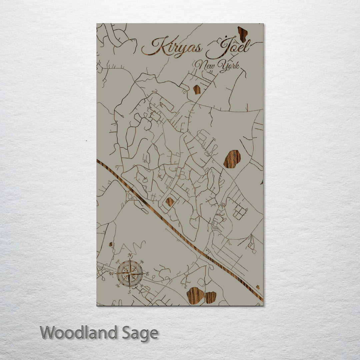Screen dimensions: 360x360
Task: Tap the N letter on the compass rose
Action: pos(130,255)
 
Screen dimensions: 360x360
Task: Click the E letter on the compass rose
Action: pos(148,274)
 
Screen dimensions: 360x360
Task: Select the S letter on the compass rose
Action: pos(130,292)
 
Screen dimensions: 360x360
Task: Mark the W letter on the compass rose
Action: pos(112,274)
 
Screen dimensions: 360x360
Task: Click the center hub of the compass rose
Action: pos(130,273)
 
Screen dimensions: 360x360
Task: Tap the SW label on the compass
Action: pos(117,286)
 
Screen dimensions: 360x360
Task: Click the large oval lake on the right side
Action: pos(232,159)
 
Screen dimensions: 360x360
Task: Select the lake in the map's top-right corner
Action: pos(243,34)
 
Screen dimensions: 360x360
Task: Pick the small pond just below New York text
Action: pos(197,89)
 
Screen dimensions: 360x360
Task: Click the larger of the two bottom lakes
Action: pos(195,295)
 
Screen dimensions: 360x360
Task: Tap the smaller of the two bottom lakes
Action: pos(210,297)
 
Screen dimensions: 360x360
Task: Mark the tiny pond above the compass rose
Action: pos(111,244)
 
